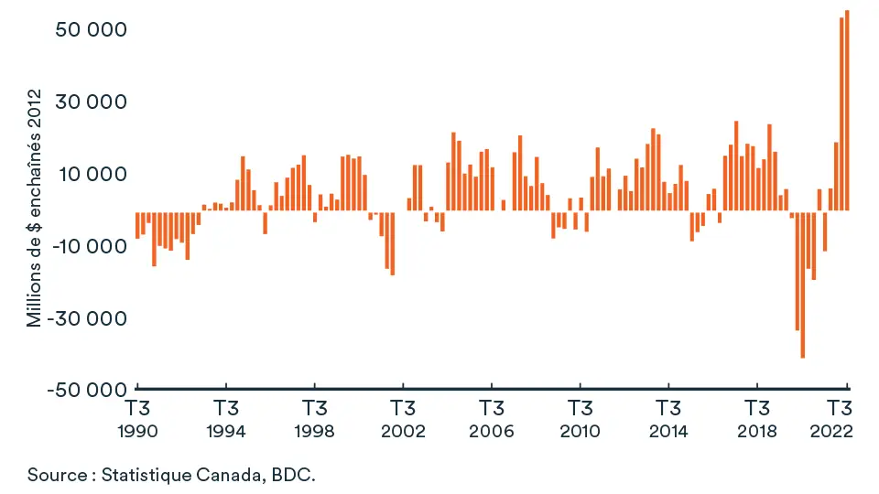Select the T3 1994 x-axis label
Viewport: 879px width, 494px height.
coord(226,418)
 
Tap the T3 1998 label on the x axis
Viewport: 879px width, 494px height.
coord(314,418)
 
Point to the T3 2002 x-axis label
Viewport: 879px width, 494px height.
coord(403,418)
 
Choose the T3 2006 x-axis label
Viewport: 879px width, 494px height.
coord(492,418)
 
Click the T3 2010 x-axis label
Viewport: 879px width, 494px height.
coord(580,418)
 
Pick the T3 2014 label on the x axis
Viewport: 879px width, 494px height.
coord(668,418)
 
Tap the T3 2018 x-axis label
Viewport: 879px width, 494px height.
coord(756,418)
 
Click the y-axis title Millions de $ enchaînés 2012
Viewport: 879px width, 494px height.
coord(35,208)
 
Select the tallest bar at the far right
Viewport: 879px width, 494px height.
coord(847,110)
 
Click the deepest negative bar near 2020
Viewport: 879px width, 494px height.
coord(803,285)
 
